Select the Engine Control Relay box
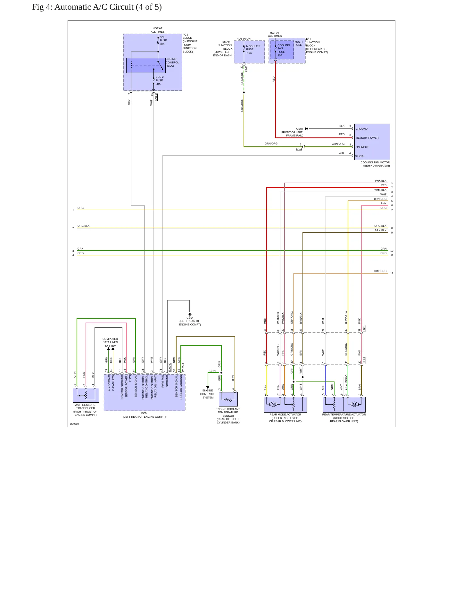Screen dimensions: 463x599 [x=146, y=65]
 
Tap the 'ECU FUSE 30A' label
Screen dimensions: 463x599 [x=163, y=40]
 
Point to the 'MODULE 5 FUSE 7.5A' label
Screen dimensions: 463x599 [x=253, y=49]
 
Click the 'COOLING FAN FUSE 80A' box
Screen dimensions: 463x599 [x=282, y=50]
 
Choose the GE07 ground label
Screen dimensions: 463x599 [x=300, y=129]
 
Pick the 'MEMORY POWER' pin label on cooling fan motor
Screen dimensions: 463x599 [x=367, y=138]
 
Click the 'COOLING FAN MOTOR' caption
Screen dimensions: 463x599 [x=375, y=162]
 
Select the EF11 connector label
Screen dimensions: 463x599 [x=299, y=149]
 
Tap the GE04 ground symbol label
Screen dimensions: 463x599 [x=190, y=318]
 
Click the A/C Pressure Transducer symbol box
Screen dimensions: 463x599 [x=86, y=395]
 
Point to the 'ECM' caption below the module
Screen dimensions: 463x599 [x=144, y=413]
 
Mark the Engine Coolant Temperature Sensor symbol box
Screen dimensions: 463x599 [x=228, y=399]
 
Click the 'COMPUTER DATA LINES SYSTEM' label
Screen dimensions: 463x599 [x=110, y=342]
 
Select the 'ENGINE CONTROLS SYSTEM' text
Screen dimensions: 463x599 [x=208, y=394]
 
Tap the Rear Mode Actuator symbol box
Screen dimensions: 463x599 [x=285, y=405]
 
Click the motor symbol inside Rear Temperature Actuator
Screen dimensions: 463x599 [x=354, y=404]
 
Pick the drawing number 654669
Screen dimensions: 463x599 [x=74, y=424]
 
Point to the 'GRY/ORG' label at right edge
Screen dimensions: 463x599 [x=380, y=271]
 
